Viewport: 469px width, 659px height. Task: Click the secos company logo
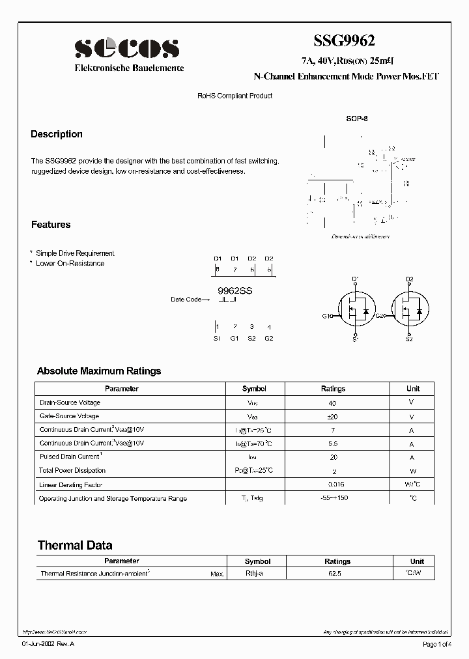click(x=127, y=48)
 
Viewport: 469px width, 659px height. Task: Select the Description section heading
click(x=57, y=134)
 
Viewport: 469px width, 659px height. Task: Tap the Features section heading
click(x=51, y=225)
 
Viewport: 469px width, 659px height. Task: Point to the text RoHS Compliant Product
click(x=234, y=96)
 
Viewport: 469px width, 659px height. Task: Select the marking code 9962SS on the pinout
click(x=234, y=291)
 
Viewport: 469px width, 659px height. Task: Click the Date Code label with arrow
click(x=190, y=300)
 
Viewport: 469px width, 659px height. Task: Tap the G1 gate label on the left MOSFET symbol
click(x=326, y=316)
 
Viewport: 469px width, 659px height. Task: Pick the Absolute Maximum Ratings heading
click(x=99, y=371)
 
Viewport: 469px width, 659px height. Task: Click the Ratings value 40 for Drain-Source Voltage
click(x=333, y=403)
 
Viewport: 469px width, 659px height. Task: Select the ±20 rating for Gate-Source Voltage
click(x=333, y=417)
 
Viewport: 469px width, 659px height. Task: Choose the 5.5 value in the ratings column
click(x=333, y=443)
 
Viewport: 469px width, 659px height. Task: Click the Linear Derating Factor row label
click(x=71, y=485)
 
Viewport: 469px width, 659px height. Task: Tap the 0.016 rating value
click(x=336, y=484)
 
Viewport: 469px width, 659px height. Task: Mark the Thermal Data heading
click(x=75, y=546)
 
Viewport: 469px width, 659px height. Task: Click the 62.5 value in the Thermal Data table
click(x=337, y=574)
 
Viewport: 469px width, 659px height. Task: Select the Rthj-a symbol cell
click(x=254, y=574)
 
